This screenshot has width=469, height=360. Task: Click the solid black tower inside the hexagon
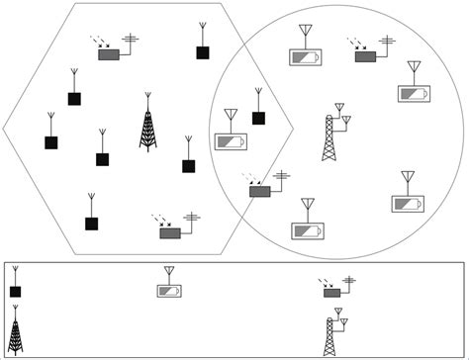[x=147, y=126]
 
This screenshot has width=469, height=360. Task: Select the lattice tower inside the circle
[x=329, y=137]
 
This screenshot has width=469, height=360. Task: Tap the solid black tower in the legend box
[x=16, y=331]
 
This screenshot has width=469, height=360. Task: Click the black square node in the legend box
[x=15, y=292]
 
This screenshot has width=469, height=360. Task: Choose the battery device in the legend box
[x=169, y=291]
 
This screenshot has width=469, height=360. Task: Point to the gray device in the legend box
[x=332, y=292]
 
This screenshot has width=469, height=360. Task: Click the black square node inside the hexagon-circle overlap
[x=258, y=118]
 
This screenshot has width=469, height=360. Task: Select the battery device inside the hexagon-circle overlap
[x=231, y=141]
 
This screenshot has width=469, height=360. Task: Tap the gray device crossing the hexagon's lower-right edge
[x=260, y=190]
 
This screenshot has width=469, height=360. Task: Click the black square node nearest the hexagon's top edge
[x=202, y=52]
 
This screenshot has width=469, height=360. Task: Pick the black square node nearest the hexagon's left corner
[x=50, y=142]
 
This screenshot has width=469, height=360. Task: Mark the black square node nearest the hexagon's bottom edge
[x=91, y=224]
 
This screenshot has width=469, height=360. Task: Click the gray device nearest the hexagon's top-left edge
[x=109, y=54]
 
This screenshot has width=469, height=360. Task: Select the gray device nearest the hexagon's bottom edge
[x=170, y=232]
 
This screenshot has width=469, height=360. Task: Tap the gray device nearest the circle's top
[x=365, y=56]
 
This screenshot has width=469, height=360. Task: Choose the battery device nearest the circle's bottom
[x=307, y=230]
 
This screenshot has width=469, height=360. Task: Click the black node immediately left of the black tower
[x=102, y=159]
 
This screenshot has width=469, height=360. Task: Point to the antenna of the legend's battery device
[x=169, y=272]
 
